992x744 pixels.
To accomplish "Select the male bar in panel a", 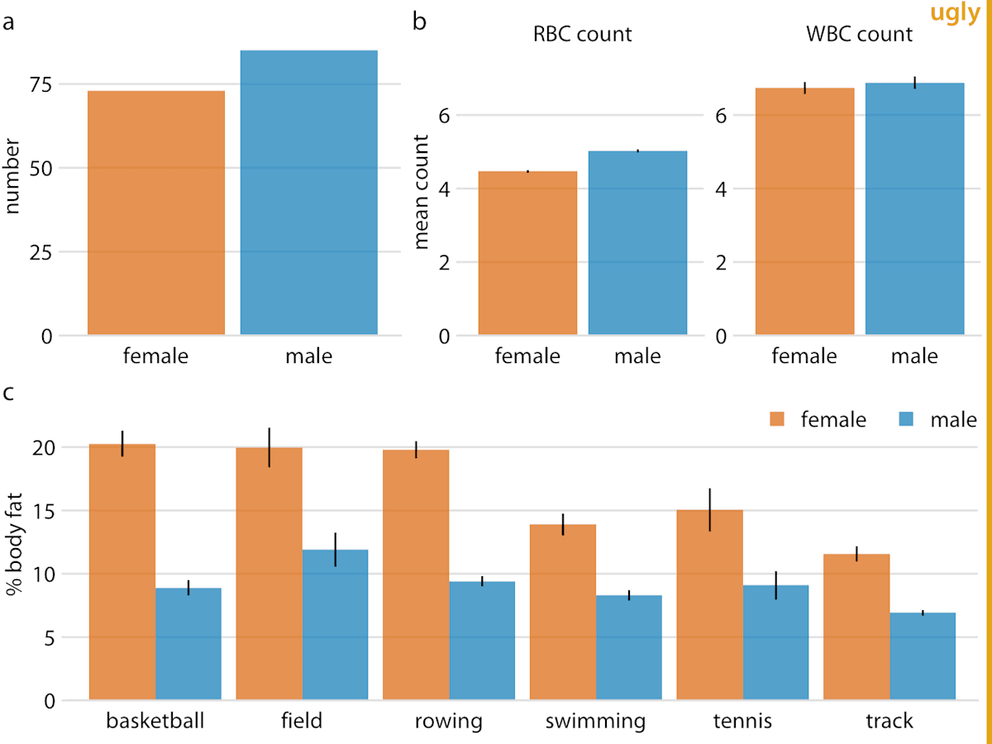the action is (308, 193).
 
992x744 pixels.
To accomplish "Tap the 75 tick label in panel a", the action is (41, 84).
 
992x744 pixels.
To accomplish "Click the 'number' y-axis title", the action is (12, 176).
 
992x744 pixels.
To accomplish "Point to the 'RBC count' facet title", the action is (582, 35).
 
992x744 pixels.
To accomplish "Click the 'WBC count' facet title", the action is (859, 35).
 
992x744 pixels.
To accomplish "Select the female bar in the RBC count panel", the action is (527, 253).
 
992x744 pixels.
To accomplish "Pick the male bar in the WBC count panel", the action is (915, 208).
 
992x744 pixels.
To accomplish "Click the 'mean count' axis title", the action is (421, 192).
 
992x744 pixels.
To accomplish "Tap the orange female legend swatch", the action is (777, 419).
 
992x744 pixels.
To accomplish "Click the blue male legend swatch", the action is (906, 419).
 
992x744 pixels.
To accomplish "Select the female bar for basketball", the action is (122, 572).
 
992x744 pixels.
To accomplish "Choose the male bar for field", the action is (335, 625).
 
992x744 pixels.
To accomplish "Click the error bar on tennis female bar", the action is (709, 510).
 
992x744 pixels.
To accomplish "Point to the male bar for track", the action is (923, 656).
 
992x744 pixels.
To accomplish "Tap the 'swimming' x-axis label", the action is (595, 721).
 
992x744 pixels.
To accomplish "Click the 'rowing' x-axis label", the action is (448, 721).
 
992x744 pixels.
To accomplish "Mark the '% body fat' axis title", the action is (13, 544).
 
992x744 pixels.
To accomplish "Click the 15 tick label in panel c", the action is (44, 512).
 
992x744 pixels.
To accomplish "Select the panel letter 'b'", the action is (419, 21).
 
